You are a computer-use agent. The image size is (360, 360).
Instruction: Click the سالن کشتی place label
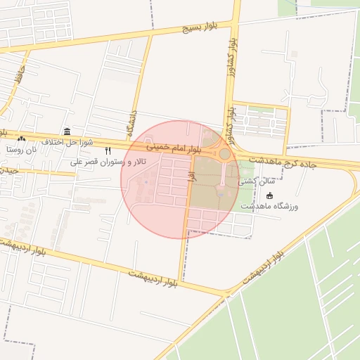(x=257, y=181)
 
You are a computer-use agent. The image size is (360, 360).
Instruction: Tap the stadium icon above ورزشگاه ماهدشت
(x=270, y=195)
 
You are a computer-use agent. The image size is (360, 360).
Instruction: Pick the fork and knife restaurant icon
(x=108, y=150)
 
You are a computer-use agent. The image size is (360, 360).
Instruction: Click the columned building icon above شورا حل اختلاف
(x=67, y=131)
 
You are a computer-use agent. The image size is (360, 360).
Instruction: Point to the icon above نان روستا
(x=20, y=139)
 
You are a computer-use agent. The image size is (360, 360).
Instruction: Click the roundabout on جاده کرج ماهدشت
(x=224, y=153)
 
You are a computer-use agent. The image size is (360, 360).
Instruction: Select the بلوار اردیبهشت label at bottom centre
(x=153, y=276)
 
